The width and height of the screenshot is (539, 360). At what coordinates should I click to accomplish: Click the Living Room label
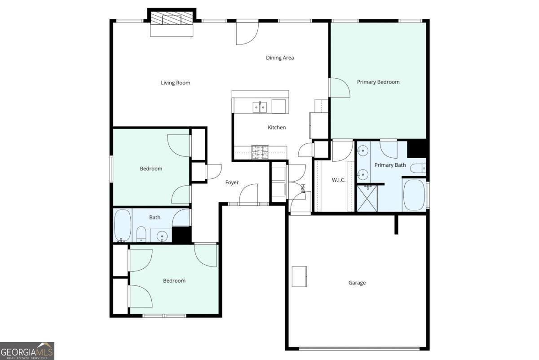pyautogui.click(x=176, y=83)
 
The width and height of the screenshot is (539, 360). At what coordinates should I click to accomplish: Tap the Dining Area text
pyautogui.click(x=280, y=58)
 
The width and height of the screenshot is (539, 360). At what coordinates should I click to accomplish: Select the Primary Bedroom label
pyautogui.click(x=378, y=82)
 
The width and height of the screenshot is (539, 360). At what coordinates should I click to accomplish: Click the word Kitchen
pyautogui.click(x=277, y=127)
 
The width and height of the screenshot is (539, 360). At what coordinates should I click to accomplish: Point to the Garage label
pyautogui.click(x=357, y=283)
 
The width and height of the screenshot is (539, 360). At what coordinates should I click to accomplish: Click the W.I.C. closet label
pyautogui.click(x=339, y=180)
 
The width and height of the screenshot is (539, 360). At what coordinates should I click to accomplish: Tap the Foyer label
pyautogui.click(x=232, y=182)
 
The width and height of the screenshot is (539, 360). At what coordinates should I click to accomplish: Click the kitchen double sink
pyautogui.click(x=260, y=107)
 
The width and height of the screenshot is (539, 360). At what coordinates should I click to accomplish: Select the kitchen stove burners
pyautogui.click(x=260, y=152)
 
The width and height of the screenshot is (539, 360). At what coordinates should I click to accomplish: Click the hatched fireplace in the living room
pyautogui.click(x=172, y=18)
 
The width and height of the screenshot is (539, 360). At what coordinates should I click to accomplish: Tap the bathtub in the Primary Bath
pyautogui.click(x=414, y=195)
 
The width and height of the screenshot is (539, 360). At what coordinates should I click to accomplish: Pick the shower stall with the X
pyautogui.click(x=367, y=198)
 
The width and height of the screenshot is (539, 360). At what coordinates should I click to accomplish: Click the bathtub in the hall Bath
pyautogui.click(x=123, y=225)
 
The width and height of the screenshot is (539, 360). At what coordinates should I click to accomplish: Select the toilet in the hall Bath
pyautogui.click(x=141, y=234)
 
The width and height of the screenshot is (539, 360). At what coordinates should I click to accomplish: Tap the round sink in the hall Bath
pyautogui.click(x=162, y=236)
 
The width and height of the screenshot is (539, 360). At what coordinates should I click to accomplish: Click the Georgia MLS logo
pyautogui.click(x=27, y=351)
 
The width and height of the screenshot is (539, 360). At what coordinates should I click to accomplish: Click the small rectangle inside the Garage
pyautogui.click(x=299, y=276)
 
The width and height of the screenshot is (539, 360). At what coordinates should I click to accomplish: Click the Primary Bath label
pyautogui.click(x=390, y=165)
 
